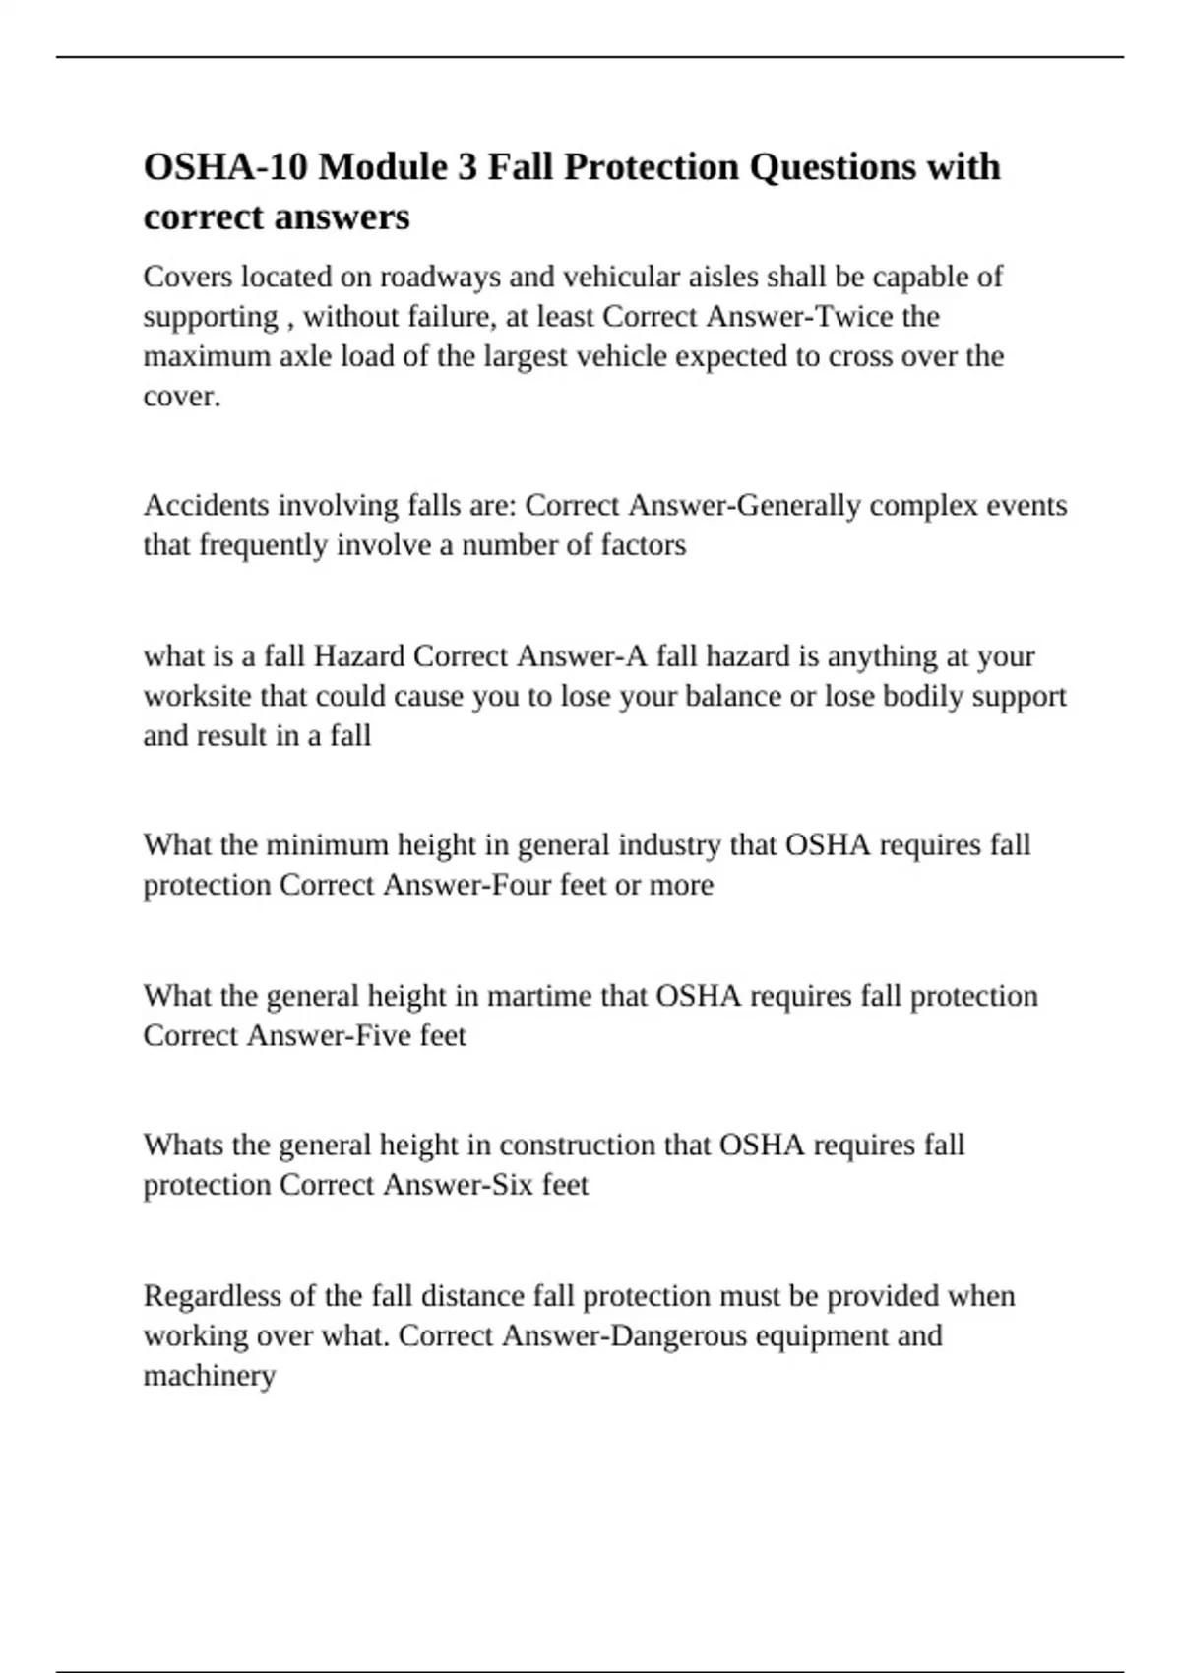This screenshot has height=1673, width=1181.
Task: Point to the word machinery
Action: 210,1376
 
